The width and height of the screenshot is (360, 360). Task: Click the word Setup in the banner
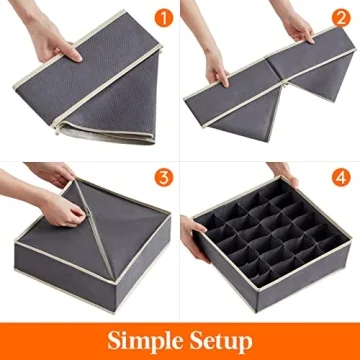(222, 337)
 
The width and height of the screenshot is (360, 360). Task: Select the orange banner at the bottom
(180, 338)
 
